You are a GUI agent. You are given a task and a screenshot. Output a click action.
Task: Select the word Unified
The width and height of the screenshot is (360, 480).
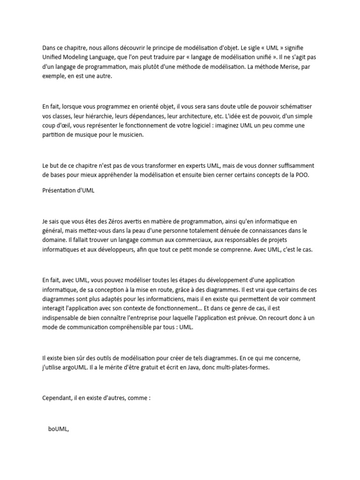point(53,58)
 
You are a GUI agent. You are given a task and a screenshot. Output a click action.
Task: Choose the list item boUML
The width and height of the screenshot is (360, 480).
point(58,430)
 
